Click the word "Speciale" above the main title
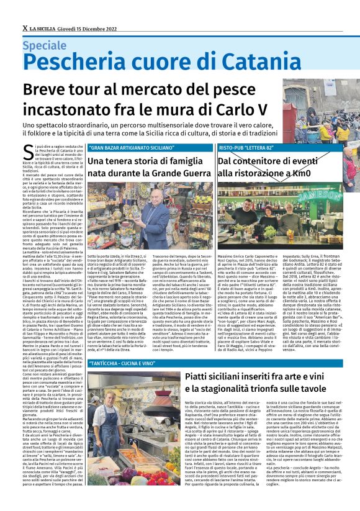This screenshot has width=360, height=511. tap(45, 45)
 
